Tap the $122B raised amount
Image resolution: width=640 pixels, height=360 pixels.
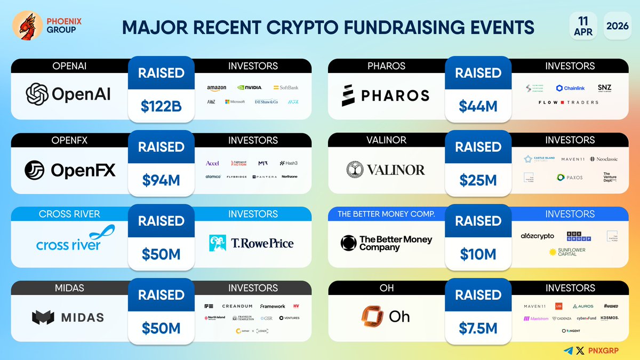(x=161, y=106)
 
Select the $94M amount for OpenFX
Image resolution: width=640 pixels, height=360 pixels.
(x=161, y=180)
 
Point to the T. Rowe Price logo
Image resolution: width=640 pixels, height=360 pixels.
(x=252, y=244)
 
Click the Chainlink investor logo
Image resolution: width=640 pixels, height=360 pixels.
(x=570, y=88)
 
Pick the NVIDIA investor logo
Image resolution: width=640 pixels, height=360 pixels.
(x=250, y=87)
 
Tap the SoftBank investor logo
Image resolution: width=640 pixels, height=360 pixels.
(x=286, y=87)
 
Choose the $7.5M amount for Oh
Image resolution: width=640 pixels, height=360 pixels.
(x=478, y=328)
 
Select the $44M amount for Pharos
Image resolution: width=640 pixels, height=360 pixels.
(x=478, y=106)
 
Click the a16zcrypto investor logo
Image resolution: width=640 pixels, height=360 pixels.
(x=537, y=236)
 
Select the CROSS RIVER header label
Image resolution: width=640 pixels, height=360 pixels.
(x=70, y=214)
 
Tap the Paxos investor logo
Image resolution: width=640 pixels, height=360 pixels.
(x=570, y=177)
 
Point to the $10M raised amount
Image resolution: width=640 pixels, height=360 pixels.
(x=478, y=254)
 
